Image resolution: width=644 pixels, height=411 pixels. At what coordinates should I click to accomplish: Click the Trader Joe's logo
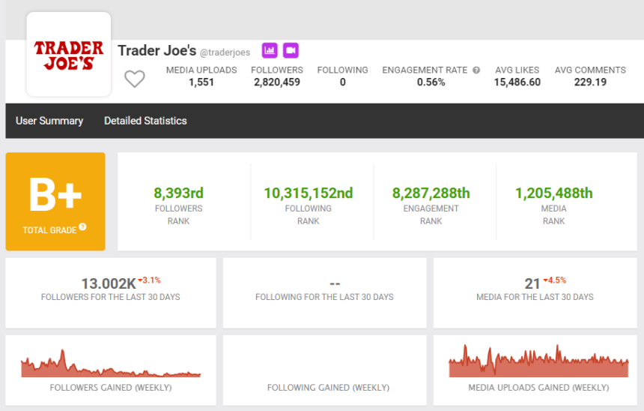(69, 55)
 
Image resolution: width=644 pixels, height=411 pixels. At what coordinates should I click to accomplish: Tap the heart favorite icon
(134, 78)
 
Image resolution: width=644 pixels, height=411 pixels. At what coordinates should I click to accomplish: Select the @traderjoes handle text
(225, 52)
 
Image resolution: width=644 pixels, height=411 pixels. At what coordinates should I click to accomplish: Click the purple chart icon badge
(270, 50)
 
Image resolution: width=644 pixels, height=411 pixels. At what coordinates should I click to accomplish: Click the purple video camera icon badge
(291, 50)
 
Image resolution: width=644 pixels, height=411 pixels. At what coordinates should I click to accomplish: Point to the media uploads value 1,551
(201, 82)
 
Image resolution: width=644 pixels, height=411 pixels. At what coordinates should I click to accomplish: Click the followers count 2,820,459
(277, 82)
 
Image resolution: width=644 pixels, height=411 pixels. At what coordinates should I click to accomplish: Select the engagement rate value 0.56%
(431, 82)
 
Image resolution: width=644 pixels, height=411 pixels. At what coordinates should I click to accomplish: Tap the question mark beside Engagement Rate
(476, 70)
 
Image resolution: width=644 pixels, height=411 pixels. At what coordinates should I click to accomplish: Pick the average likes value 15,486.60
(517, 82)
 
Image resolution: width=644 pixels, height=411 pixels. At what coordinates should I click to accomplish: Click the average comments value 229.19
(590, 82)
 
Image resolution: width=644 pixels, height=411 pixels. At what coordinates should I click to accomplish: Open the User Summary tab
(49, 121)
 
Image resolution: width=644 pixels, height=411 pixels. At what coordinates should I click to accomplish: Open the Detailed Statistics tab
(145, 121)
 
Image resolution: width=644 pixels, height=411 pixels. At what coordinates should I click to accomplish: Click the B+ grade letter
(55, 194)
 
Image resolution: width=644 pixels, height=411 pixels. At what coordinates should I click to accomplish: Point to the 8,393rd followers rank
(178, 193)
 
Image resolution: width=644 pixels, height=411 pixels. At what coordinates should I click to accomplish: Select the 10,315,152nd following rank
(308, 193)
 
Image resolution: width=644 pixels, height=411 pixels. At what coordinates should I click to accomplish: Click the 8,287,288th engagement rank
(431, 193)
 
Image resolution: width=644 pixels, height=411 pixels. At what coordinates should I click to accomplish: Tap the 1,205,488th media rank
(553, 193)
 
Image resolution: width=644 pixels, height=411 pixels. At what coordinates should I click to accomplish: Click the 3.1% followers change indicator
(150, 280)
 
